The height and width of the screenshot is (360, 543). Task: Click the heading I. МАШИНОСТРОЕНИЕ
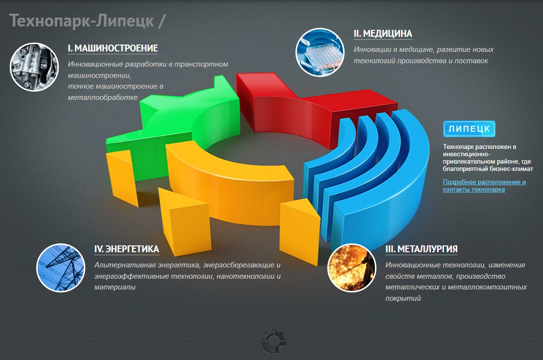coord(113,48)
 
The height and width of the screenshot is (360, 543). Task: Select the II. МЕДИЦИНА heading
coord(383,34)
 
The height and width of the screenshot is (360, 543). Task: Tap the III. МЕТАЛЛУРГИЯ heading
coord(421,249)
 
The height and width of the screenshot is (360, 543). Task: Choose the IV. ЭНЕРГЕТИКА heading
coord(127,249)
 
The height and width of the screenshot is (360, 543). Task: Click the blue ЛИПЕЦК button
coord(469,129)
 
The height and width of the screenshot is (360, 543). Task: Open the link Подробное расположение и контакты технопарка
coord(484,186)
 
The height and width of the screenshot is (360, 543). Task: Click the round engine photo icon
coord(34,67)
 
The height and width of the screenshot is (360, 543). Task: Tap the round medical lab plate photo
coord(320,52)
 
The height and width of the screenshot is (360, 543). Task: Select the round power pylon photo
coord(61,267)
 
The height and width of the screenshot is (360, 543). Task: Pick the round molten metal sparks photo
coord(351,267)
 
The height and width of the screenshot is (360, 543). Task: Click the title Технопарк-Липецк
coord(82,21)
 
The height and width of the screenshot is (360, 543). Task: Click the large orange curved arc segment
coord(228,187)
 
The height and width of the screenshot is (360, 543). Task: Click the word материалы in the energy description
coord(115,287)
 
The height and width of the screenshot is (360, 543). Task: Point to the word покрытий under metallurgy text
coord(403,298)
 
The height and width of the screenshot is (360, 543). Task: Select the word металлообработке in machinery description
coord(103,97)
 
